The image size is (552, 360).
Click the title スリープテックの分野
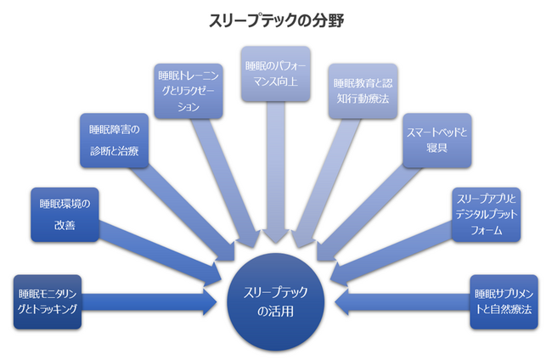pyautogui.click(x=276, y=19)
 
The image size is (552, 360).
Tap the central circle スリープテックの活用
pyautogui.click(x=275, y=301)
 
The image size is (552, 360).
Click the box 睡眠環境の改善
pyautogui.click(x=65, y=216)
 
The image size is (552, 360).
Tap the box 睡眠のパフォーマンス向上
pyautogui.click(x=274, y=74)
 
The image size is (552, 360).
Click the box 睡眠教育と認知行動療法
pyautogui.click(x=362, y=90)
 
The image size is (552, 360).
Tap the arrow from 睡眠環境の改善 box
pyautogui.click(x=161, y=255)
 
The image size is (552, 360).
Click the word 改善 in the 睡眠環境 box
pyautogui.click(x=65, y=226)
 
